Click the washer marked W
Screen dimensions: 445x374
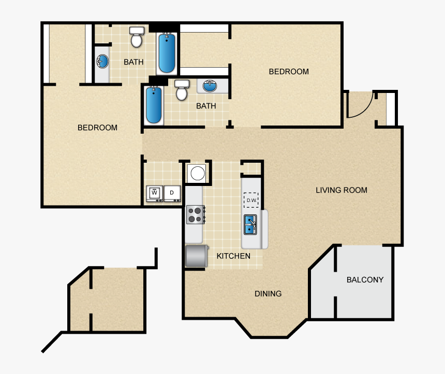click(x=154, y=194)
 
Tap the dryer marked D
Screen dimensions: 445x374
click(x=172, y=194)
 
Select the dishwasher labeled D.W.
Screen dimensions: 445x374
click(x=251, y=200)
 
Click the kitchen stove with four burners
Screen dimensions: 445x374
click(x=196, y=214)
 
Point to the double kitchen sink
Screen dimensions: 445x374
click(x=250, y=224)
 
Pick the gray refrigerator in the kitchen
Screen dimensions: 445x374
click(x=197, y=256)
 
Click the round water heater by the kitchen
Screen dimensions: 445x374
click(x=198, y=173)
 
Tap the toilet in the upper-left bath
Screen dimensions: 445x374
click(x=137, y=37)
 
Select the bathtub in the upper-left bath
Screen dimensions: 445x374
click(x=167, y=53)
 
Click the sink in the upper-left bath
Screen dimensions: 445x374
click(x=102, y=61)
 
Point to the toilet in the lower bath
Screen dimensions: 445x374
click(x=182, y=90)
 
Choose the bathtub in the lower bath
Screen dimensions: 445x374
click(x=154, y=105)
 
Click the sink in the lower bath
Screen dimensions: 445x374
click(x=210, y=86)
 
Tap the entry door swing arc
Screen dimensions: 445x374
click(x=364, y=110)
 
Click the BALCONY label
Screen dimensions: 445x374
click(x=365, y=280)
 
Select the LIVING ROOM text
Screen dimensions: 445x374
click(x=342, y=190)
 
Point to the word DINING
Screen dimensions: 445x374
click(x=268, y=294)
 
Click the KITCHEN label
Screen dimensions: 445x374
click(x=233, y=256)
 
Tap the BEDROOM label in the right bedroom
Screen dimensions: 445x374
click(x=289, y=72)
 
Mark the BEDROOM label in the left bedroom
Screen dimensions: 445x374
click(x=98, y=128)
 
